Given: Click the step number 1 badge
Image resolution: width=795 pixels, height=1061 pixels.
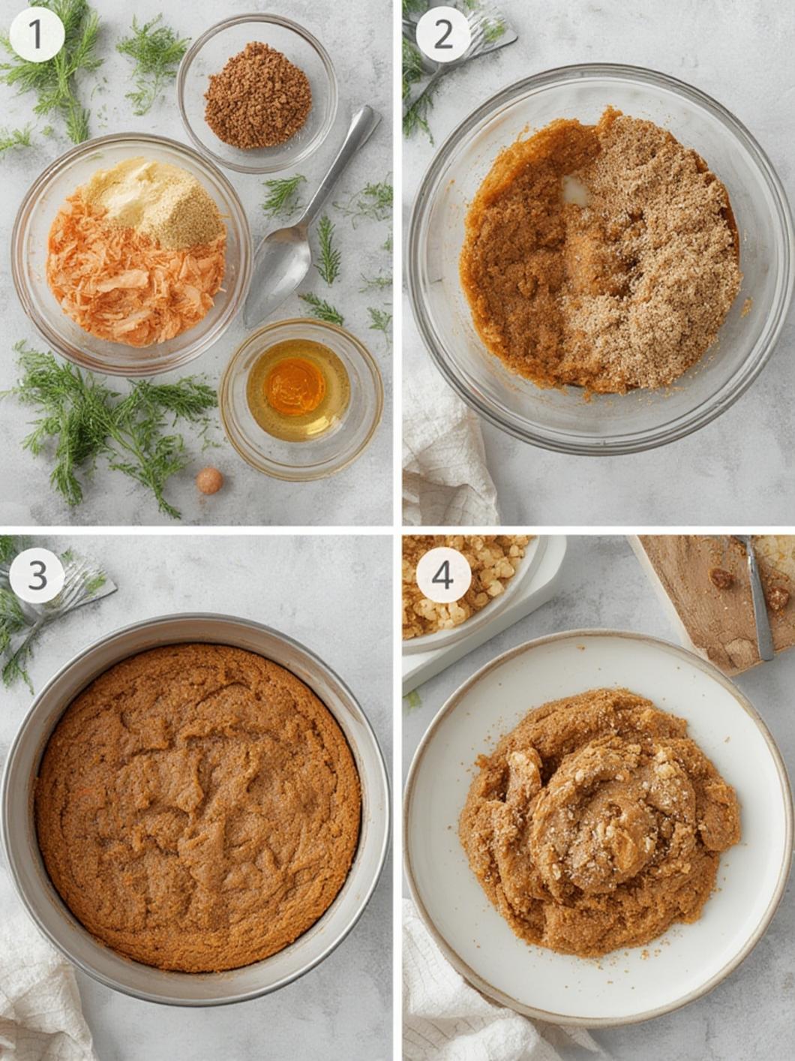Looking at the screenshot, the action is [x=37, y=35].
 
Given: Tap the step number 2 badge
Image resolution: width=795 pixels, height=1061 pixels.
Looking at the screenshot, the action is [x=443, y=35].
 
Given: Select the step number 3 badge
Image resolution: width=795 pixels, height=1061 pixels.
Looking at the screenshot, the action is [x=37, y=576].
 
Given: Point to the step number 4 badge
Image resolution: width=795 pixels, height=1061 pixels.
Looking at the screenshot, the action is [x=443, y=576].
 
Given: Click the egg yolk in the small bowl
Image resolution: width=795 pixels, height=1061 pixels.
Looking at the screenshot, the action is [x=294, y=385].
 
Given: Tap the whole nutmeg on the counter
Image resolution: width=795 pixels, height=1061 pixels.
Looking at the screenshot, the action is [x=209, y=480].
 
